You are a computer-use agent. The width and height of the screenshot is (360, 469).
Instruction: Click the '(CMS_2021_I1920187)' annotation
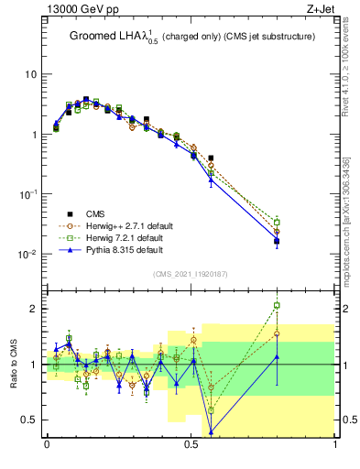[190, 273]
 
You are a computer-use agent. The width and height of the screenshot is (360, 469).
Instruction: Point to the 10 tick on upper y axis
[31, 74]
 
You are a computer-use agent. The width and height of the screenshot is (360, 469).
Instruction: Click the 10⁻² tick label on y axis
[29, 255]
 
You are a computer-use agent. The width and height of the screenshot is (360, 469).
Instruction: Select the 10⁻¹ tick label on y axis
[29, 195]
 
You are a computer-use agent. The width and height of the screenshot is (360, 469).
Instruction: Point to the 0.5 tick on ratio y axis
[31, 420]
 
